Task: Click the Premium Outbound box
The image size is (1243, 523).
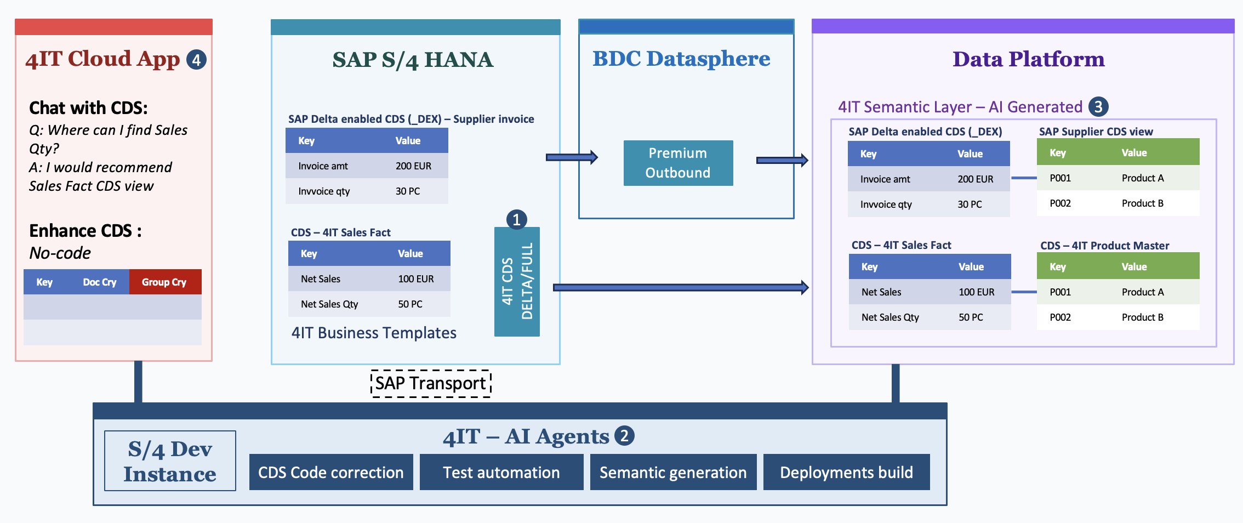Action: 678,163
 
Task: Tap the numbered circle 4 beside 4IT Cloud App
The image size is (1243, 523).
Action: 196,60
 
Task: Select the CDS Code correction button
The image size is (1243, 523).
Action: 330,472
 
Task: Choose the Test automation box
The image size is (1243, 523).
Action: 501,472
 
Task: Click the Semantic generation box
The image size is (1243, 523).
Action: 672,472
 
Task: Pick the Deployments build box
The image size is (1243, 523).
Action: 846,472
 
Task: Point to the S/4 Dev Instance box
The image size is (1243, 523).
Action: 170,461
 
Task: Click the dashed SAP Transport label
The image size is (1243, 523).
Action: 431,383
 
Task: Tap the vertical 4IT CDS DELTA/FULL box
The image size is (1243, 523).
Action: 517,282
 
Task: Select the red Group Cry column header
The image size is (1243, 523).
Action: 164,282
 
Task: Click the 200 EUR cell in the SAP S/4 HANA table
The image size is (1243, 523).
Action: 413,166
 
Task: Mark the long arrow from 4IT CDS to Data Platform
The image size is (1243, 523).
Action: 680,287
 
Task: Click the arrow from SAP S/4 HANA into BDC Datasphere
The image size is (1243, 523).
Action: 571,157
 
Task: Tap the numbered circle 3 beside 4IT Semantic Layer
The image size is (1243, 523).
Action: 1098,106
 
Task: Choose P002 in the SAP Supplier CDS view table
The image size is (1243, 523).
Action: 1060,203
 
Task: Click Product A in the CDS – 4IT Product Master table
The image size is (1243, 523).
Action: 1142,292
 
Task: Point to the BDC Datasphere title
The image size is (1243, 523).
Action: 681,59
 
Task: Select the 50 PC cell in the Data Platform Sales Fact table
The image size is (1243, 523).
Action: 971,317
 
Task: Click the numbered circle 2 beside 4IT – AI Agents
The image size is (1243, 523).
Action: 624,436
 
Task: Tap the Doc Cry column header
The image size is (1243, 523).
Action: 99,282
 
